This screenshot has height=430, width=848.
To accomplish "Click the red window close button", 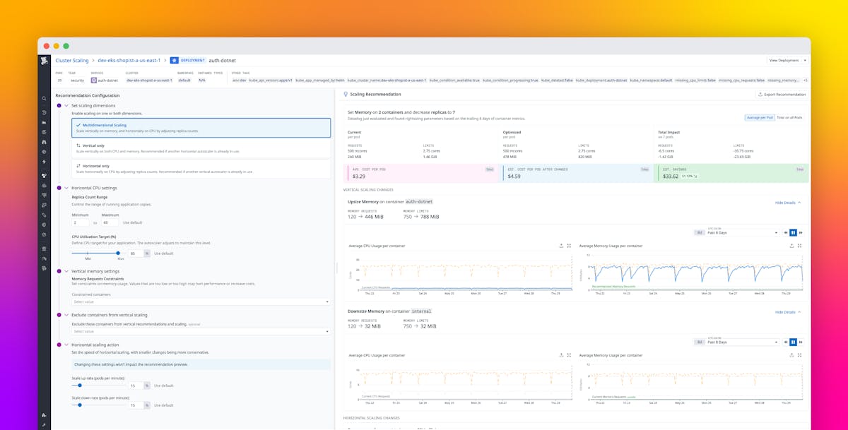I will click(x=47, y=46).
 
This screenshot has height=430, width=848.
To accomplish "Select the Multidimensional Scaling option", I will click(x=105, y=125).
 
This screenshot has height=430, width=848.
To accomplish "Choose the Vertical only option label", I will click(x=94, y=145).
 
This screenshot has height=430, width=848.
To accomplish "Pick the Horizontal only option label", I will click(x=97, y=165).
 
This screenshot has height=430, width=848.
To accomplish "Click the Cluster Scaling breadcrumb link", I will click(x=72, y=61).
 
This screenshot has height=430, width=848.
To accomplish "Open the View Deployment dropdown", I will click(x=786, y=61).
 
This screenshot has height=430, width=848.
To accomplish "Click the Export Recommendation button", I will click(x=781, y=94).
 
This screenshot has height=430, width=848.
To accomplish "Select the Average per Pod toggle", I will click(x=760, y=117).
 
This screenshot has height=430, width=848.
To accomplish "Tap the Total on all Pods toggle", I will click(x=789, y=117).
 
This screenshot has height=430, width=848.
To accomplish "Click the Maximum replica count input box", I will click(x=110, y=222).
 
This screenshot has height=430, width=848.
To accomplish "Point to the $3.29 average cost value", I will click(x=359, y=176).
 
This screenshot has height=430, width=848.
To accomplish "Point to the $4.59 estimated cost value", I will click(x=514, y=176).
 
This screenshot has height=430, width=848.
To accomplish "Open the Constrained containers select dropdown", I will click(x=201, y=301).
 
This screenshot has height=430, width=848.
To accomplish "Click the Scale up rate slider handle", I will click(x=80, y=386).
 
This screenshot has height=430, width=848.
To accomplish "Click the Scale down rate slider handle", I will click(x=80, y=405).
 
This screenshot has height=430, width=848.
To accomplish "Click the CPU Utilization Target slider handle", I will click(x=118, y=253).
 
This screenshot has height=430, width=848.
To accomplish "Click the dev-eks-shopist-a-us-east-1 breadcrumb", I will click(x=129, y=61).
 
